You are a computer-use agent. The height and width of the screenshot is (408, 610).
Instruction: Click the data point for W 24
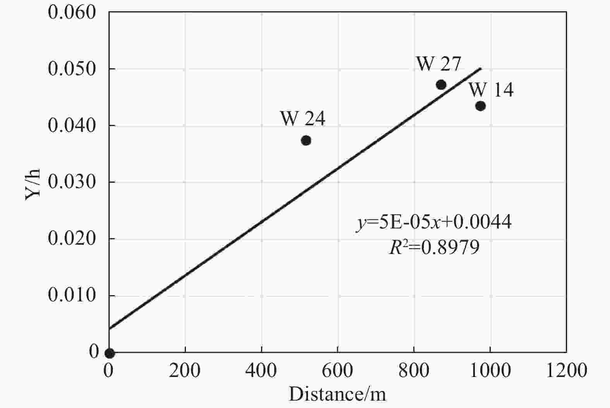306,140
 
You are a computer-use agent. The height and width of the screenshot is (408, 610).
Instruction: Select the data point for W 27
441,85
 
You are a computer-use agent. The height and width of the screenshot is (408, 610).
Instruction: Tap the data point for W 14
480,106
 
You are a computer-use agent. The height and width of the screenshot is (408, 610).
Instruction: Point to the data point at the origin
110,353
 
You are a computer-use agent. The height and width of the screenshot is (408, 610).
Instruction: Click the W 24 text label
302,119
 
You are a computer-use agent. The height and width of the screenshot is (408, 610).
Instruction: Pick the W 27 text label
439,64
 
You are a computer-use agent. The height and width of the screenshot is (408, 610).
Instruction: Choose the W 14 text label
491,90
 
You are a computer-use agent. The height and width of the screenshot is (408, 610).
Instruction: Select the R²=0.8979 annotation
434,247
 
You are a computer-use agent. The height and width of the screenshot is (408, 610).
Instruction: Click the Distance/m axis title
337,394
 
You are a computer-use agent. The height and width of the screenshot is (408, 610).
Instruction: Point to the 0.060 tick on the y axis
72,12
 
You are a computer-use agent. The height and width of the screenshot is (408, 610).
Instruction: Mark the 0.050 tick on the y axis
72,69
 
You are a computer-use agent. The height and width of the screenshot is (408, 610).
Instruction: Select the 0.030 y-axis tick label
72,182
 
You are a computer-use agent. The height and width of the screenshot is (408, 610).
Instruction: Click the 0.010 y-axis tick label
72,296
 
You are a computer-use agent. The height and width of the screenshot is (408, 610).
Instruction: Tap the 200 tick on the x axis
185,371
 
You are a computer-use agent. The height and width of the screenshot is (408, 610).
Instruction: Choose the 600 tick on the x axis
337,371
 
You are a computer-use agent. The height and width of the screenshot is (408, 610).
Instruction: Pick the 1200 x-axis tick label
566,371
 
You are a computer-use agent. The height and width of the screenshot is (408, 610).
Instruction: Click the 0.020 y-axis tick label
72,239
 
